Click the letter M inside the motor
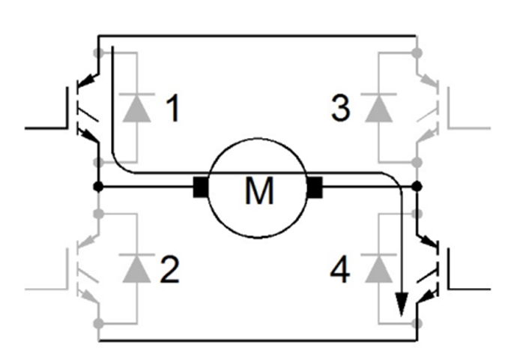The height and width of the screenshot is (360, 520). (259, 192)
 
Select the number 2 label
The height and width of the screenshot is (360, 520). (172, 270)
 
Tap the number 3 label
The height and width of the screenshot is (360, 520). (341, 109)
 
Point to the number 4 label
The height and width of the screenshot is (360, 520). (341, 270)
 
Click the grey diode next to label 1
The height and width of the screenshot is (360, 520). (136, 108)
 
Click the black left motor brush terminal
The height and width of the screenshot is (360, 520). (202, 186)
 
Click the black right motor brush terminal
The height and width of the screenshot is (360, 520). (314, 186)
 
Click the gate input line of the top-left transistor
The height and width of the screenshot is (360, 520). (45, 127)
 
